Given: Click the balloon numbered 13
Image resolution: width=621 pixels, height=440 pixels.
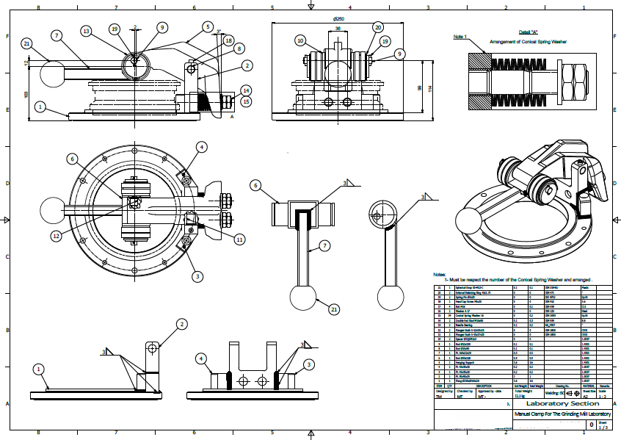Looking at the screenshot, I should [87, 31].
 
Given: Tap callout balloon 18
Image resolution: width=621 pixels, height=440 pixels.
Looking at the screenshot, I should [228, 40].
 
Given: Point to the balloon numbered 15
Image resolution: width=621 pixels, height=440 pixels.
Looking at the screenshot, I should [246, 101].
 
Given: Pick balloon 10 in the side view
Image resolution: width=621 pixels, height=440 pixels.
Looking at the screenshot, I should [300, 40].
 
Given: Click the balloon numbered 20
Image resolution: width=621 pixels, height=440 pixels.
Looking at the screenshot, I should [378, 27].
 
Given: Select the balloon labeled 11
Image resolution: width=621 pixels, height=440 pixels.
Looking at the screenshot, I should [239, 239].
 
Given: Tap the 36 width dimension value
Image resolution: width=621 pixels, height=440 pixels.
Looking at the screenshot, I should [338, 29].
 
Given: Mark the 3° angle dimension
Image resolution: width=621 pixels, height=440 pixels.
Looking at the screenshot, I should [218, 32].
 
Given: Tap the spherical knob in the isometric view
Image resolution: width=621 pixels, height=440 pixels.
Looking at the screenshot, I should [471, 220].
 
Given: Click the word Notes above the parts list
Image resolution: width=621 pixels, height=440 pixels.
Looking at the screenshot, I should [440, 274].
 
